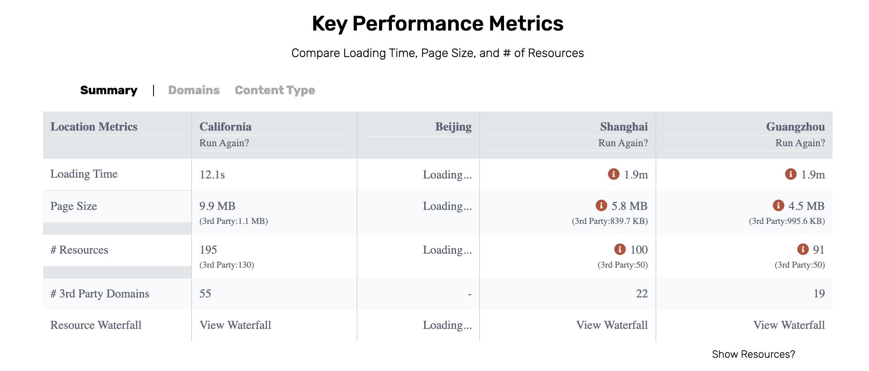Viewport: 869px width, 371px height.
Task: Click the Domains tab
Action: click(194, 90)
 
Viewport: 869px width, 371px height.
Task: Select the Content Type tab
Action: click(275, 90)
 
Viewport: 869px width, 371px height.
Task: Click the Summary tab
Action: click(109, 90)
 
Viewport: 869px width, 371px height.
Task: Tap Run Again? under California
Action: click(224, 143)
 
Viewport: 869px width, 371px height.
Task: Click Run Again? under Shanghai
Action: click(623, 143)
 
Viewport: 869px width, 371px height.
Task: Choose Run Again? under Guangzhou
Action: click(800, 143)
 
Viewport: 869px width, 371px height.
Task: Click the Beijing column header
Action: click(453, 126)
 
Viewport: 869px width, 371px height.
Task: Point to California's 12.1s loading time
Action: click(212, 174)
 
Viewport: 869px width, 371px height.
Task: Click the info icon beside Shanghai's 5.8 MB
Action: click(601, 205)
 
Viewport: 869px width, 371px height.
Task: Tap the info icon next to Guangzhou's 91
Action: click(803, 249)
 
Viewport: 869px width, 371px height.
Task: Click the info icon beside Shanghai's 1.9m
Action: click(613, 174)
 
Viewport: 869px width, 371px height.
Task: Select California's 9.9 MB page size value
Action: click(217, 206)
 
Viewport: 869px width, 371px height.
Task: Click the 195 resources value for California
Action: click(208, 250)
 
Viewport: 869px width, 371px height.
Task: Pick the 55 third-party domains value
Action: click(205, 293)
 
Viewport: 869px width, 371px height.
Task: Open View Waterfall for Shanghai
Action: click(612, 325)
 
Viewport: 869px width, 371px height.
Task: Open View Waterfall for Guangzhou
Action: click(789, 325)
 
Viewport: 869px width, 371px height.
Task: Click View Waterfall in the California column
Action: click(235, 325)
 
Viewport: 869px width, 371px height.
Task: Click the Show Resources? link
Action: click(754, 354)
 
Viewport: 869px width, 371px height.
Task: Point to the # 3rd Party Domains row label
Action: click(100, 293)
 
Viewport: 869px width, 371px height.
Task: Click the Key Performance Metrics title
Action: click(437, 24)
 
